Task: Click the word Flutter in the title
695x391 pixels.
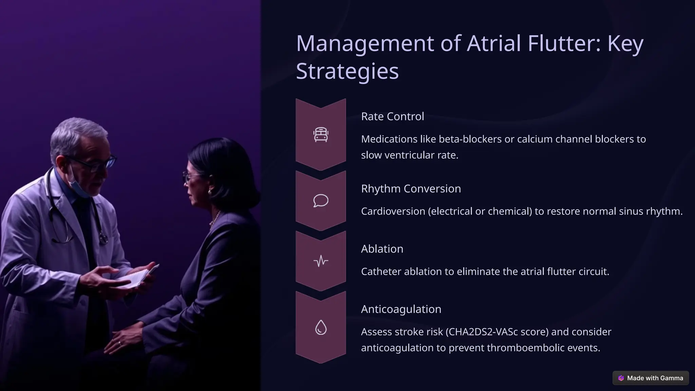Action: point(561,43)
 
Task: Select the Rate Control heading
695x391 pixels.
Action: point(392,116)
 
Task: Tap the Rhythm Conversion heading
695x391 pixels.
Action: point(411,189)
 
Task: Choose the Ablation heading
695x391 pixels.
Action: point(382,249)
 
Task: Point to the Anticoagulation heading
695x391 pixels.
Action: point(401,309)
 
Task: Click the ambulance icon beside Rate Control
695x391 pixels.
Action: point(321,134)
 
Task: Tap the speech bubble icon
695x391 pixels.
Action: point(321,201)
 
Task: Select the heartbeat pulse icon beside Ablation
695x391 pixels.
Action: point(321,261)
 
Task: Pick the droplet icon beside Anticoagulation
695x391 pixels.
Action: point(321,328)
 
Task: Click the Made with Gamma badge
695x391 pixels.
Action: point(651,378)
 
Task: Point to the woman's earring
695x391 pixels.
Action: point(210,192)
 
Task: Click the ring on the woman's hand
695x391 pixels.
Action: point(119,343)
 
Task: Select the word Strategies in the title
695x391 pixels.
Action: point(347,71)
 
